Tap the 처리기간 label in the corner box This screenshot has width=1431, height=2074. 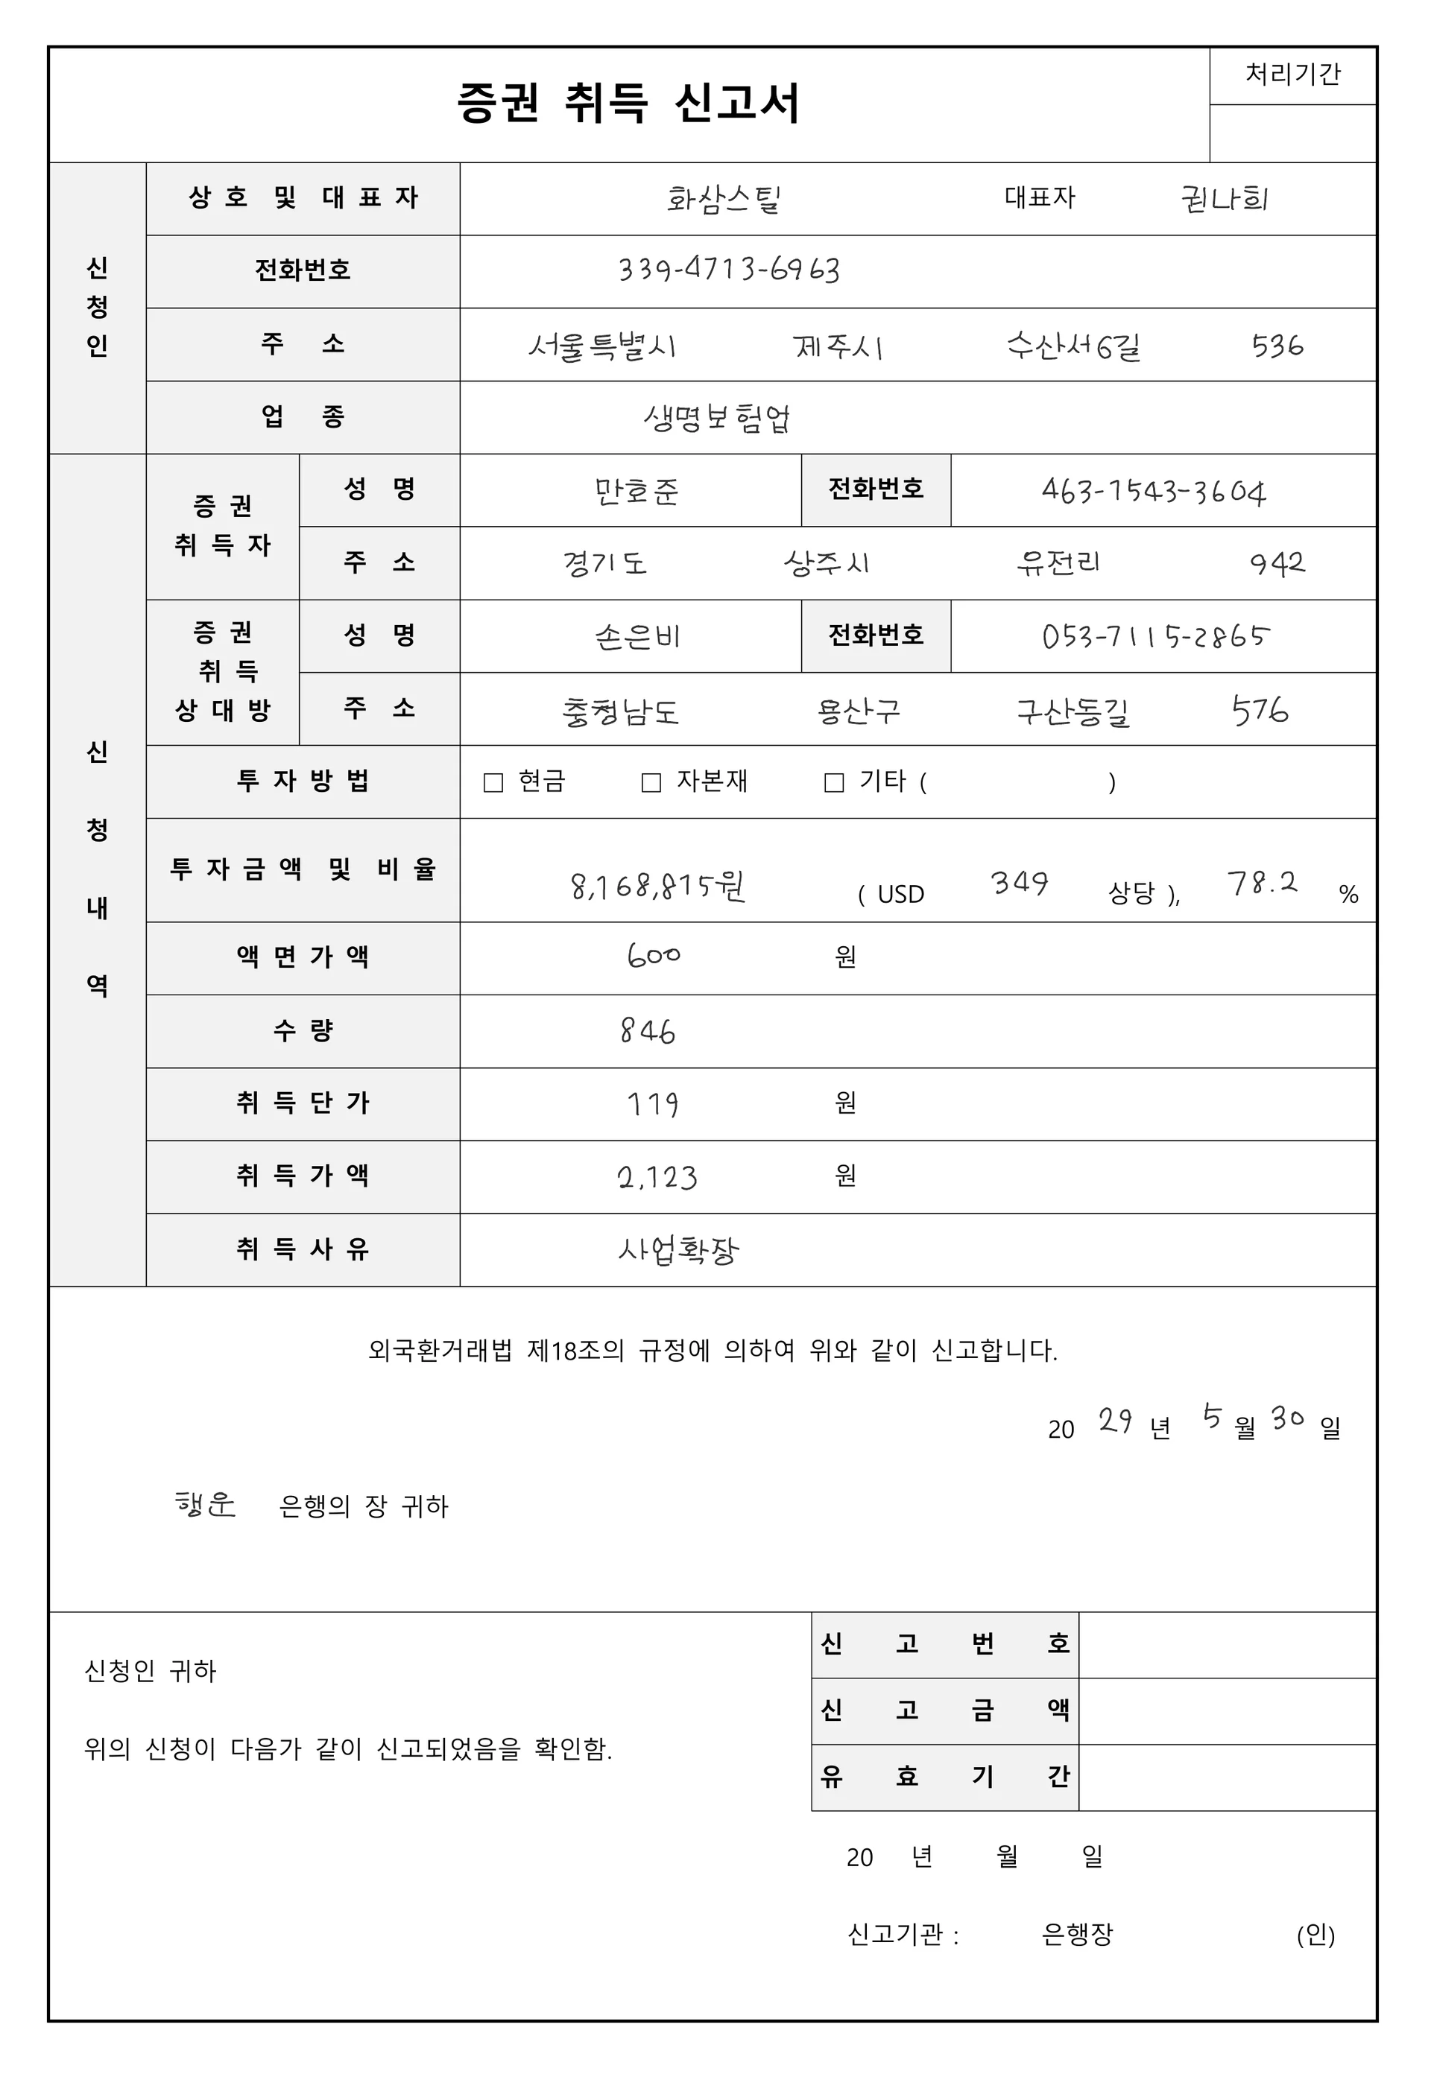1292,74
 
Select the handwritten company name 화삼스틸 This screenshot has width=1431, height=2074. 724,199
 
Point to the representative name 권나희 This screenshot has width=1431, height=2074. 1225,199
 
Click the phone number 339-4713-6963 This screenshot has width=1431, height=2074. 729,270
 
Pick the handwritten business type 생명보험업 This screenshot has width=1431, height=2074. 716,418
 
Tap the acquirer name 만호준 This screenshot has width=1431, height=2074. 636,491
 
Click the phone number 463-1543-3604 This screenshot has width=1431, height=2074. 1154,491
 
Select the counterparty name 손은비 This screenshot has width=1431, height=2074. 637,636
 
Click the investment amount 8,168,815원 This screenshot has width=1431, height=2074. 658,887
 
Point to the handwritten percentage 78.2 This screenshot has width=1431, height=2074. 1263,884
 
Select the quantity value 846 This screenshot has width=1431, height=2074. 648,1032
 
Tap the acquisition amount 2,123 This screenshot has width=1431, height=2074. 657,1177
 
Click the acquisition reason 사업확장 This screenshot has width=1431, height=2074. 679,1249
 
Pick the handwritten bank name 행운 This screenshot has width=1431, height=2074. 205,1504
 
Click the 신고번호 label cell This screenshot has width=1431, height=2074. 944,1644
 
